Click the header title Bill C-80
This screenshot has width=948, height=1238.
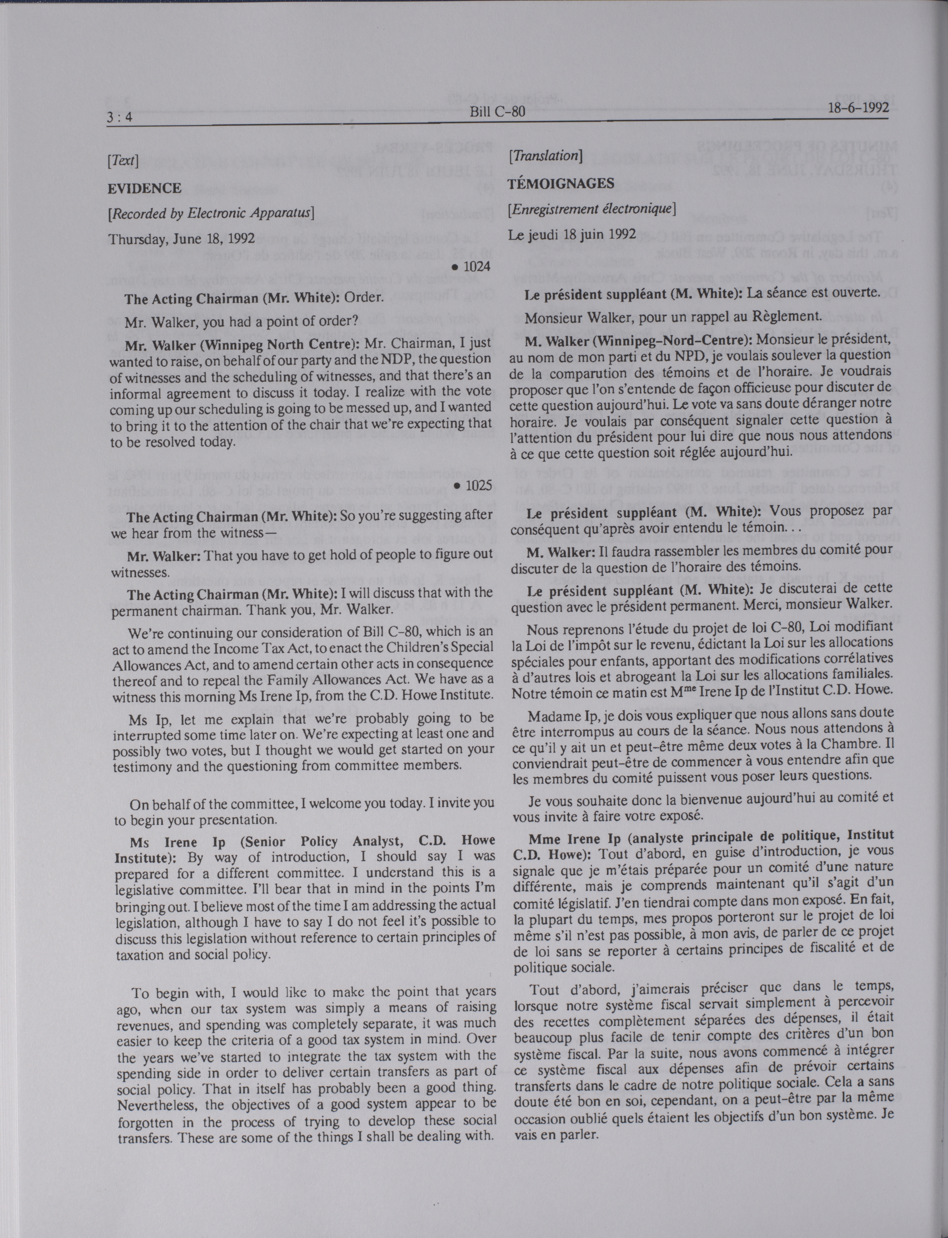coord(497,112)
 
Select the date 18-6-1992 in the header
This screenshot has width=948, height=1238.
coord(858,107)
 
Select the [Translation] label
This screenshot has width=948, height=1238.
coord(545,156)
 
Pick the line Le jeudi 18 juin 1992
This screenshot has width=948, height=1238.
coord(572,234)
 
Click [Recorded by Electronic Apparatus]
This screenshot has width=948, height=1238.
coord(212,214)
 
